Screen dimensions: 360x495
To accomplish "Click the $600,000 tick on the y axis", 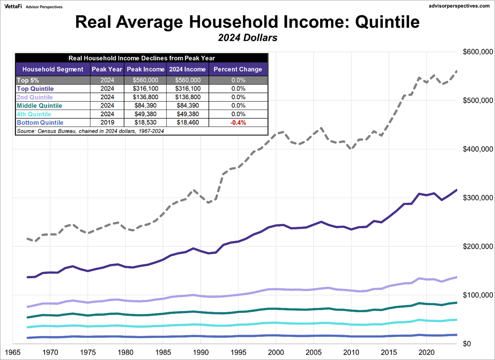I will click(478, 52).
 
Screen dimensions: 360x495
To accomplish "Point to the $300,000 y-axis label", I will click(478, 198).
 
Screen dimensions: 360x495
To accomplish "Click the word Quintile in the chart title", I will click(388, 22).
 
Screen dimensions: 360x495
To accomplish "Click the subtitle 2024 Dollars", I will click(247, 39).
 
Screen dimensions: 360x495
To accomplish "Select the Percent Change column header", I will click(238, 69).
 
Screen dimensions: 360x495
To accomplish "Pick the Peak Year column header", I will click(107, 69).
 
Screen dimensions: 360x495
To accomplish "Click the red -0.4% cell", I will click(238, 123).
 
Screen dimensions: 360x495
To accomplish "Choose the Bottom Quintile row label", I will click(40, 123).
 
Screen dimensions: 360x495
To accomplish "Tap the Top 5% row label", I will click(28, 80).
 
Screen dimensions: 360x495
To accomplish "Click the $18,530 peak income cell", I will click(145, 123).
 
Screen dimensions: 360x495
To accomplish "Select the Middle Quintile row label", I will click(39, 106).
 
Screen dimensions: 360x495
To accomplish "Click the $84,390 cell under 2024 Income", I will click(187, 106).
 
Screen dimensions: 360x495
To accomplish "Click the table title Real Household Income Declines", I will click(142, 58).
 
